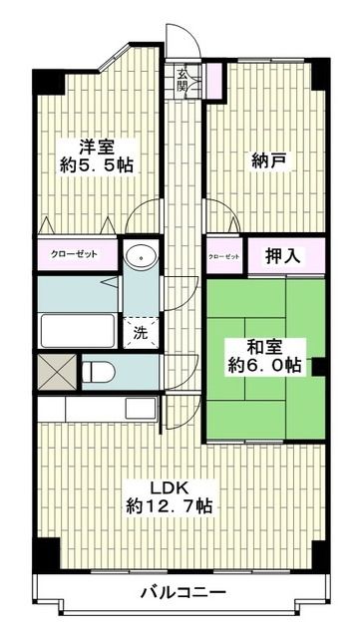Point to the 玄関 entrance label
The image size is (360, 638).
(182, 81)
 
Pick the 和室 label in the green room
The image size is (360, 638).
(264, 347)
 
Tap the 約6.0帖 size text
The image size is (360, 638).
(264, 367)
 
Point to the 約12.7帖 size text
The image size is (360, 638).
(169, 506)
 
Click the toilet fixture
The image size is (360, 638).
(100, 372)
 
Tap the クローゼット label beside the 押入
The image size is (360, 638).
(223, 257)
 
